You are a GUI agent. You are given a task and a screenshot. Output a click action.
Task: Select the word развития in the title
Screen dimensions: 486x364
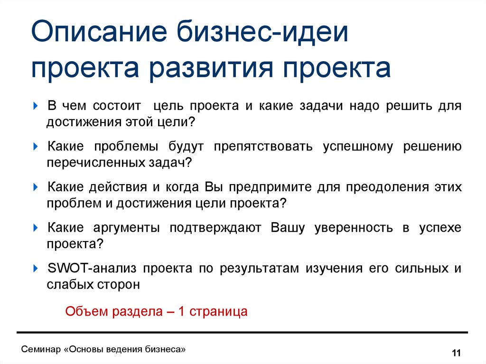211,69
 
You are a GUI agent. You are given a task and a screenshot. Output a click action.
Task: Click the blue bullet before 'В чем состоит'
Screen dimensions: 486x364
35,106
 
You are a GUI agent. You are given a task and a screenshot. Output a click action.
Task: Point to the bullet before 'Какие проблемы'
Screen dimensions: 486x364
35,146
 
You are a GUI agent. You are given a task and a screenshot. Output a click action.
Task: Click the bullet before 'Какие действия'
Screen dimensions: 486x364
35,187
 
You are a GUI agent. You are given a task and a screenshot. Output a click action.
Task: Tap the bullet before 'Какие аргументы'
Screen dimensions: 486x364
35,228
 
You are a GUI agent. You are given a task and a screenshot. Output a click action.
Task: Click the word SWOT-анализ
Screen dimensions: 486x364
92,268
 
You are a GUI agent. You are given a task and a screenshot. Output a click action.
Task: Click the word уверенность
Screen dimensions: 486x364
354,228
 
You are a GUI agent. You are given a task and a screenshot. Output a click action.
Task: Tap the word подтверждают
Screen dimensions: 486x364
215,228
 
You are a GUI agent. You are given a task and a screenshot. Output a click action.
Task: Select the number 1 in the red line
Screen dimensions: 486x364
182,311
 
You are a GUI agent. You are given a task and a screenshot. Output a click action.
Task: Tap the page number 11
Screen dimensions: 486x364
456,353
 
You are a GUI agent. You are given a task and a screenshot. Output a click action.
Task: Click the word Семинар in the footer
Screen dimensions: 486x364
41,349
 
